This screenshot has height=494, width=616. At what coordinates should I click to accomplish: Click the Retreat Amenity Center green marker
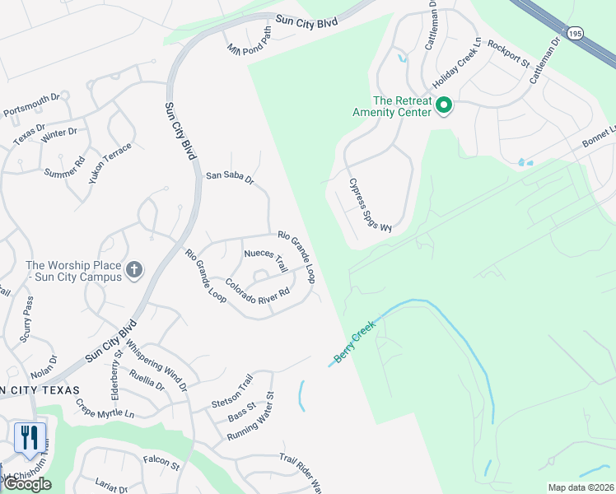[x=443, y=105]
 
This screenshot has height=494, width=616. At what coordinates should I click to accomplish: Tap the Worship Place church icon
[x=134, y=269]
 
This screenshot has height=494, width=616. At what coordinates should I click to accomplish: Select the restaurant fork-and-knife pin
[x=30, y=437]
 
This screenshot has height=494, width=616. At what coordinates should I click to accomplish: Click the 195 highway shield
[x=575, y=32]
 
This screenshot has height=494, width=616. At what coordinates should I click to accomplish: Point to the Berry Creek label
[x=355, y=343]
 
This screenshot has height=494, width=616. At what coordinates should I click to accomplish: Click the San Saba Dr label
[x=230, y=175]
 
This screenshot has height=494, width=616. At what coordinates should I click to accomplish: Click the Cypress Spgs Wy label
[x=370, y=206]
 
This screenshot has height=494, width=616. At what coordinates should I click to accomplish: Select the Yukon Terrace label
[x=110, y=161]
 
